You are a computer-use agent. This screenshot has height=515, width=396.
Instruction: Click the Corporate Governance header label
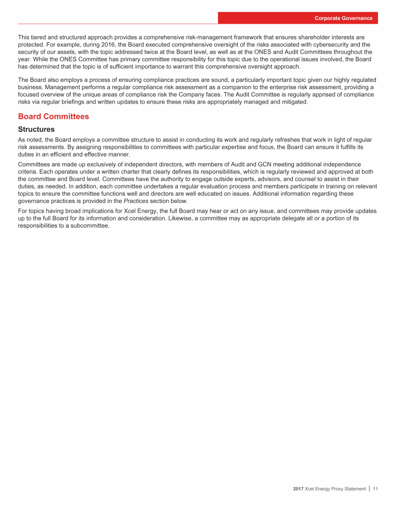tap(344, 18)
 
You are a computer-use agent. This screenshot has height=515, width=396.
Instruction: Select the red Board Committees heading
tap(53, 116)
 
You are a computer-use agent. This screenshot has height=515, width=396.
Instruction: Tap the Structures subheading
tap(36, 129)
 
